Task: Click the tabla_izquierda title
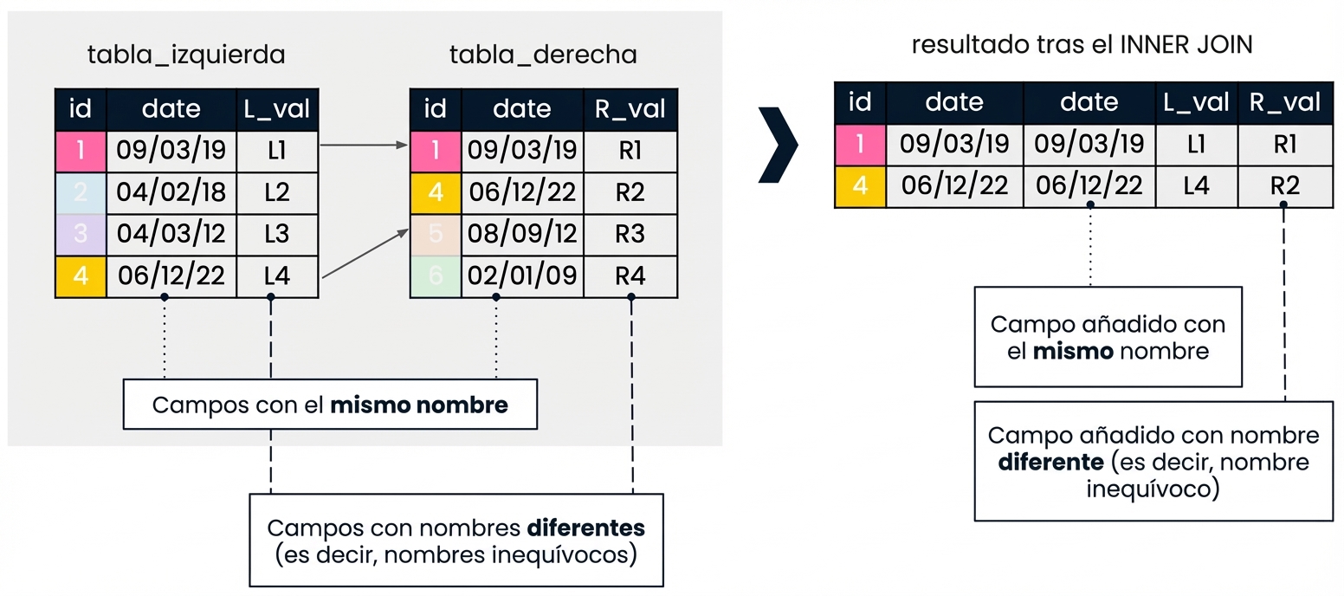pyautogui.click(x=186, y=55)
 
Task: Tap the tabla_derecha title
pyautogui.click(x=543, y=55)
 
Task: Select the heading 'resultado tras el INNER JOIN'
pyautogui.click(x=1082, y=46)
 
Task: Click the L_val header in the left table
pyautogui.click(x=276, y=109)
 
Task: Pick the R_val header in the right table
pyautogui.click(x=630, y=109)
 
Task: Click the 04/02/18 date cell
pyautogui.click(x=171, y=192)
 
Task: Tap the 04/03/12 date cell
pyautogui.click(x=171, y=234)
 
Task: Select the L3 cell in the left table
pyautogui.click(x=276, y=234)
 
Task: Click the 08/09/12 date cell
pyautogui.click(x=522, y=234)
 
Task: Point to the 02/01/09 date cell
pyautogui.click(x=522, y=276)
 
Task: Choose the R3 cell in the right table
pyautogui.click(x=630, y=234)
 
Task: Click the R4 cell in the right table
pyautogui.click(x=630, y=276)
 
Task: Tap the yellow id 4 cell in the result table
pyautogui.click(x=860, y=186)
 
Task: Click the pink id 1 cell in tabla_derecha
pyautogui.click(x=435, y=151)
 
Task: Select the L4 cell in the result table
pyautogui.click(x=1196, y=186)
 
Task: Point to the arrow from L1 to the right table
pyautogui.click(x=364, y=146)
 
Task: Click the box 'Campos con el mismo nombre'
pyautogui.click(x=330, y=405)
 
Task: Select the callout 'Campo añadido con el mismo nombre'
pyautogui.click(x=1108, y=338)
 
